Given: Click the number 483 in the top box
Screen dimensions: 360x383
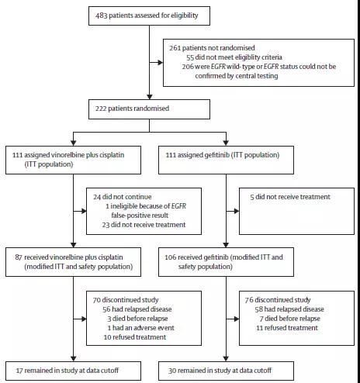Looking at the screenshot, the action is point(101,16).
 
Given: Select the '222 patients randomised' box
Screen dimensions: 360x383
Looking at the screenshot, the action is point(149,109).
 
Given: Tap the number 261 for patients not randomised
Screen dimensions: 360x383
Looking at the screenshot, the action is point(175,48).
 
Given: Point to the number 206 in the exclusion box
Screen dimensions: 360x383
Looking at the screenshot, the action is point(188,67).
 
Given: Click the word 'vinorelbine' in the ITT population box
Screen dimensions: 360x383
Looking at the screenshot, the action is point(67,155).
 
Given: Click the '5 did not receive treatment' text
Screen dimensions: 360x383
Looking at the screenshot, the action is point(290,197).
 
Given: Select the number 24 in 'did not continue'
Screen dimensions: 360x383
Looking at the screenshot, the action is point(97,197).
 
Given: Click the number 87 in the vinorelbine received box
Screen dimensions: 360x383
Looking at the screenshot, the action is point(19,257).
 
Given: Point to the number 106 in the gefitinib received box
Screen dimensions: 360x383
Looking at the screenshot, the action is point(171,257).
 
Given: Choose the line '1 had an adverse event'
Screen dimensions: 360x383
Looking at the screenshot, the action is point(140,328).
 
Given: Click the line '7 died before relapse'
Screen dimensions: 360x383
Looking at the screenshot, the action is point(290,319).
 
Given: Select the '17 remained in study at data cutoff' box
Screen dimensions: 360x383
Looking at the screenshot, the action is point(73,371).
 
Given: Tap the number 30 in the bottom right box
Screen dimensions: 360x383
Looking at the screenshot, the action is point(172,371).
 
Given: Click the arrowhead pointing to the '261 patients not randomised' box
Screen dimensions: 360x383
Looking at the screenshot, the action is point(161,63).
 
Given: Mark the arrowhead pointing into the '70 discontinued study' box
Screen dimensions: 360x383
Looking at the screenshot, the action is point(84,319).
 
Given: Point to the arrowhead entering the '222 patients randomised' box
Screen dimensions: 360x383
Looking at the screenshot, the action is point(150,97).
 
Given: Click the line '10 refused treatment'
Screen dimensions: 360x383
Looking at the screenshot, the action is point(135,337).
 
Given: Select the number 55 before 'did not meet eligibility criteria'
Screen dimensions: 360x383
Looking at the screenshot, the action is point(190,57).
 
